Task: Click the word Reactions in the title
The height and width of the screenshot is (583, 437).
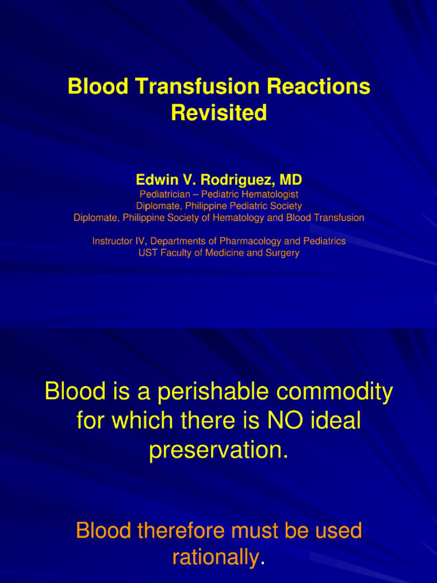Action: [x=319, y=87]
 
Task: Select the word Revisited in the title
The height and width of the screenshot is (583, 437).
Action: [x=218, y=113]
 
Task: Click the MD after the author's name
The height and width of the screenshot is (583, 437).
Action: [x=290, y=180]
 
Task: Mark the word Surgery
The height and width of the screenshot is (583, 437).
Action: [x=282, y=253]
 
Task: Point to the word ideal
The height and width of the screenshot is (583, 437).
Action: [x=335, y=421]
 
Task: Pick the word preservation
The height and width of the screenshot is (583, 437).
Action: [x=218, y=450]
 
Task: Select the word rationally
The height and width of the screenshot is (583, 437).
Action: [x=215, y=558]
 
